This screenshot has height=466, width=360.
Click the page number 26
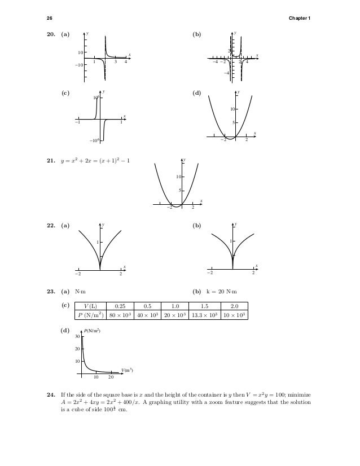[x=49, y=17]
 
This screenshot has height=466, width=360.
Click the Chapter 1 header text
[x=300, y=17]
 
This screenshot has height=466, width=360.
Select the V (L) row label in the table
[x=95, y=306]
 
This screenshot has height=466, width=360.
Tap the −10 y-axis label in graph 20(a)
[x=79, y=65]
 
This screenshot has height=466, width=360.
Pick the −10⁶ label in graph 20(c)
[x=94, y=141]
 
